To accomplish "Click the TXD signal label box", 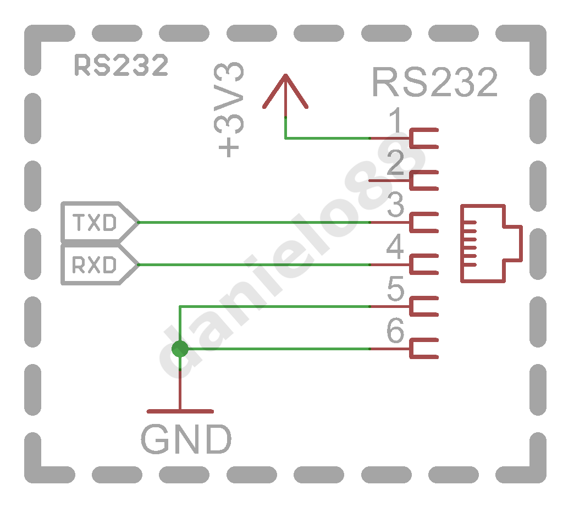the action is (x=100, y=222).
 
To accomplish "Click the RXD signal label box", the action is (x=100, y=264).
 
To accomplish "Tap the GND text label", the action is (x=186, y=439).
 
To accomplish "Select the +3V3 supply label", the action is (x=228, y=109).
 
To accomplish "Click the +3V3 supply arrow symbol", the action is (x=285, y=91).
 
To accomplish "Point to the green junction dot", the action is (x=180, y=349).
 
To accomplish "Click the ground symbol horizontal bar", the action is (x=180, y=411).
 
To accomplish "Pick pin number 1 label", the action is (x=395, y=120).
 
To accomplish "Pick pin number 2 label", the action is (x=395, y=162).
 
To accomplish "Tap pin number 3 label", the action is (x=395, y=204).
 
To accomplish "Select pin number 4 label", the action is (x=395, y=246).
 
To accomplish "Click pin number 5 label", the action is (x=395, y=288).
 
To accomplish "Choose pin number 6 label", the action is (x=395, y=330).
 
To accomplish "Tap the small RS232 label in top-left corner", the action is (x=121, y=65).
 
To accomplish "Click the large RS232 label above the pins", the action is (x=434, y=81).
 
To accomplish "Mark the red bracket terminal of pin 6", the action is (x=411, y=349).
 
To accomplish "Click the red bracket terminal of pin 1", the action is (x=411, y=138).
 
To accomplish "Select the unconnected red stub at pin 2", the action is (x=389, y=180).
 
